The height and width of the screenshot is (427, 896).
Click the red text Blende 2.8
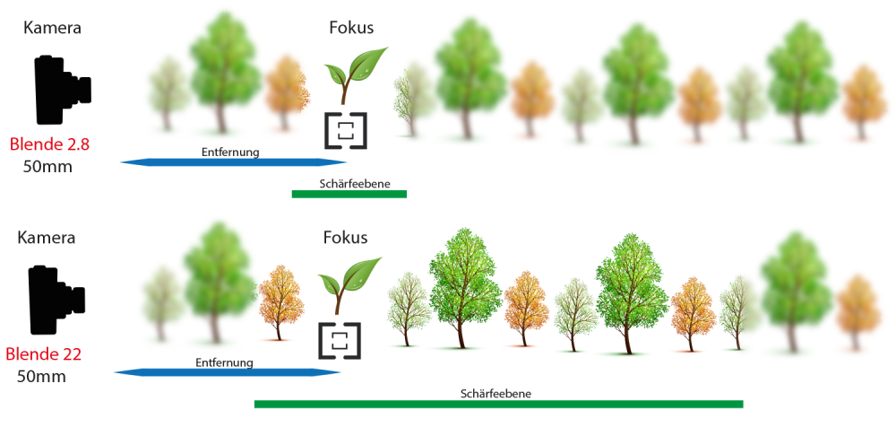point(49,144)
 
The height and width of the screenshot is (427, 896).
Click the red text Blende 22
point(44,354)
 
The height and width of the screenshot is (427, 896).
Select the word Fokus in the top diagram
point(351,28)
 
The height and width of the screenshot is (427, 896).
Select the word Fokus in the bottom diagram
point(345,238)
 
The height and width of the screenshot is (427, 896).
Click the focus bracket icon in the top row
point(345,130)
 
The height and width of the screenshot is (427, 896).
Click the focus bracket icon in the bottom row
point(340,341)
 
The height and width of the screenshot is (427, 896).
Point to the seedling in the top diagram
point(353,74)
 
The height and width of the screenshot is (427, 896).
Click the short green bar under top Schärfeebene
point(349,194)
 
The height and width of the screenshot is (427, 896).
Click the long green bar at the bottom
point(498,404)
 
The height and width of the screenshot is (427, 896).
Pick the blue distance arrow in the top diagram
point(233,162)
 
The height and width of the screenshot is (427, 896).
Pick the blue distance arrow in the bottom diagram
point(227,372)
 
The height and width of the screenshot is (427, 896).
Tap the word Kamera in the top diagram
point(52,28)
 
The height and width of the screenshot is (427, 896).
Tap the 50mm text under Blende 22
point(41,377)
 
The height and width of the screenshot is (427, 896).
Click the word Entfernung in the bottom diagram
point(224,362)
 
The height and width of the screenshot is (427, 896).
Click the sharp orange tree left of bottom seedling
point(280,302)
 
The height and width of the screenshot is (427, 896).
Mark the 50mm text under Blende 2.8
point(47,166)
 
